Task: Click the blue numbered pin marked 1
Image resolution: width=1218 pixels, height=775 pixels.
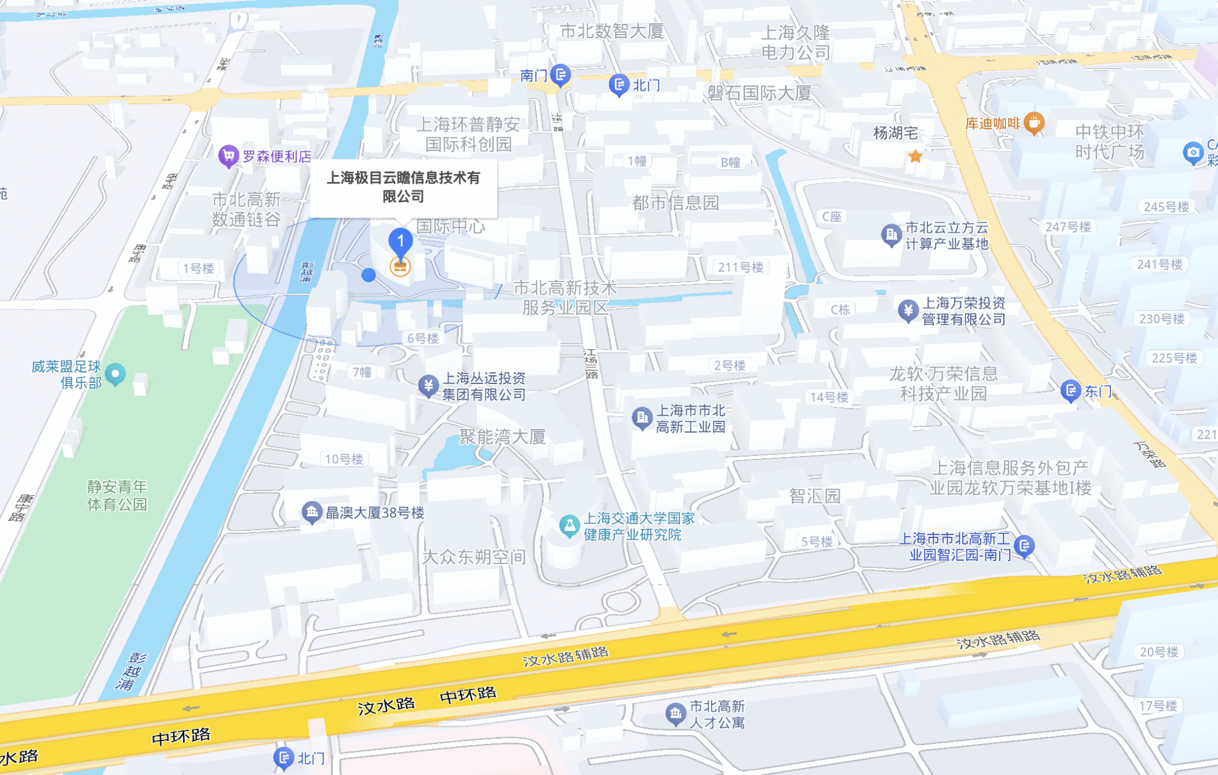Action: coord(400,241)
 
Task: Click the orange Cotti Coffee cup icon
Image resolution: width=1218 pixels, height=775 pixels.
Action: coord(1035,123)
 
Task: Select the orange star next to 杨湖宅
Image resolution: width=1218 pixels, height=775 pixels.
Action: coord(915,157)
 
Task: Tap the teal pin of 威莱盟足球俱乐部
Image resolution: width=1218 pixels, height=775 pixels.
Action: coord(115,374)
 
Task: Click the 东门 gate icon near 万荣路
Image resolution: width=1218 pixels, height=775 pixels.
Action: coord(1071,390)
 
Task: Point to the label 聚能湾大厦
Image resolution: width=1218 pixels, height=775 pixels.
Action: coord(503,437)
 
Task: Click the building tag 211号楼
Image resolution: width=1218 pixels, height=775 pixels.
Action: coord(740,267)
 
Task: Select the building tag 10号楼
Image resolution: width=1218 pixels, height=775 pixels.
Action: coord(344,459)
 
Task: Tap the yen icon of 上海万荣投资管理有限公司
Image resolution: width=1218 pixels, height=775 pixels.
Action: coord(908,310)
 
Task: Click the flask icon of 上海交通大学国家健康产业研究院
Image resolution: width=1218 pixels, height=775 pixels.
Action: coord(569,526)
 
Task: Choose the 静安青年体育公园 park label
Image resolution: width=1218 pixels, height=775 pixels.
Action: coord(117,495)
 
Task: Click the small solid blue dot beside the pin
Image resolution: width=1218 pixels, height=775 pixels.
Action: coord(369,274)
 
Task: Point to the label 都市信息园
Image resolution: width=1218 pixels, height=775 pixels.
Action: coord(676,203)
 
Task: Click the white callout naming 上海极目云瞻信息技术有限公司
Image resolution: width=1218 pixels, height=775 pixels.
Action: coord(403,187)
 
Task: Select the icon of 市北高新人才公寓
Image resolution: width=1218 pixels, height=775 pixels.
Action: coord(675,713)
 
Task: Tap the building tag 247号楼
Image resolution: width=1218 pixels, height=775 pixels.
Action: coord(1068,227)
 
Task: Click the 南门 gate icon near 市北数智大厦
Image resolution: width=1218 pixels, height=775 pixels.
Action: coord(560,75)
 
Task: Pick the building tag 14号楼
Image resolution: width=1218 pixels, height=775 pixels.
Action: coord(829,397)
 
